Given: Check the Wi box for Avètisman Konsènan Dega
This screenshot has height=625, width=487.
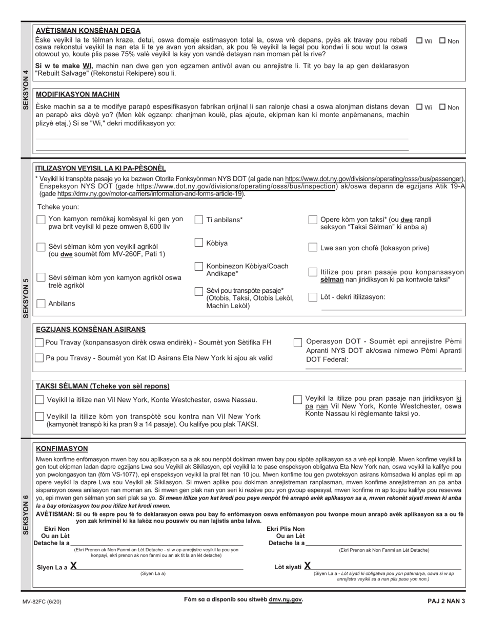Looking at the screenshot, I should coord(419,41).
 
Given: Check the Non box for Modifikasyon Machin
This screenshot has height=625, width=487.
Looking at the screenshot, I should coord(442,107).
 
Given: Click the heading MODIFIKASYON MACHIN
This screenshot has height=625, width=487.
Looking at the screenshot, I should coord(77,94).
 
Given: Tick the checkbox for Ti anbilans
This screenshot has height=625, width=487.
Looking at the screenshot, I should coord(199,220).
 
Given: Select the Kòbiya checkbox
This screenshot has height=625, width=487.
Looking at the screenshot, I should coord(199,243).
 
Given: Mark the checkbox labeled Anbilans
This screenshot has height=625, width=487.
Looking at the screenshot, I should coord(41,304).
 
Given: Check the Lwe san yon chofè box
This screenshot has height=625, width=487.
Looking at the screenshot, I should coord(313,248).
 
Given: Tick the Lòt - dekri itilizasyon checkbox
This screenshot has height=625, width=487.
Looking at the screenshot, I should coord(313,297).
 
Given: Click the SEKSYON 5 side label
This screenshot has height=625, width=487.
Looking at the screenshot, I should coord(26,298).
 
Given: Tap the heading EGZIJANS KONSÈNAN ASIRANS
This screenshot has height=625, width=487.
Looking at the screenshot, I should coord(90,330).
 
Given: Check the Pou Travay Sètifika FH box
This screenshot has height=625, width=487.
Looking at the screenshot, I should coord(39,342).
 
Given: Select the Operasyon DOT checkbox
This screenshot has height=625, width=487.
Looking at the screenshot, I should coord(298,342).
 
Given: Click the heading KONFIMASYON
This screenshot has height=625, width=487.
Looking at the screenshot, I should coord(62,448).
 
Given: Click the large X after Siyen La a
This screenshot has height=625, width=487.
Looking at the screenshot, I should coord(74,566).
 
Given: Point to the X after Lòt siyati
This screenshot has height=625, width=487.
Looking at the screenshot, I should coord(308,566).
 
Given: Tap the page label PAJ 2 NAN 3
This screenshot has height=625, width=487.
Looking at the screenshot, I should coord(445,601).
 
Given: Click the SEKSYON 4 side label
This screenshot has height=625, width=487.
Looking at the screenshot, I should coord(26,89).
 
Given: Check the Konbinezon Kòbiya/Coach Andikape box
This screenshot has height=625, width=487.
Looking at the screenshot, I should coord(199,266).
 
